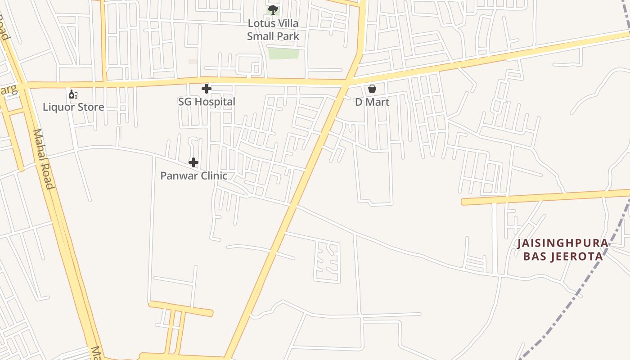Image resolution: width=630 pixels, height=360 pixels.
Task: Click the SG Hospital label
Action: [x=207, y=102]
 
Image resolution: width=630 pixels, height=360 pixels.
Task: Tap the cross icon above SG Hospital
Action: [x=207, y=89]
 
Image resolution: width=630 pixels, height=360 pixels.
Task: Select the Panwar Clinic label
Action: [x=193, y=175]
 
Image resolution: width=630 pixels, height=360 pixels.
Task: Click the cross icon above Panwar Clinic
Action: [x=193, y=162]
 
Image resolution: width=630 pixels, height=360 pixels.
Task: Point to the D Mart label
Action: [x=372, y=102]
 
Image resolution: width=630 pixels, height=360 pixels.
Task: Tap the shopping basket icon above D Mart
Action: [x=372, y=89]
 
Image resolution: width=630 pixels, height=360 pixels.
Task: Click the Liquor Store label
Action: [x=73, y=107]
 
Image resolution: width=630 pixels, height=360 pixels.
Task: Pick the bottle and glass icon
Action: [x=73, y=94]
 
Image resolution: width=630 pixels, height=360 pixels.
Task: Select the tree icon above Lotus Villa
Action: [x=273, y=10]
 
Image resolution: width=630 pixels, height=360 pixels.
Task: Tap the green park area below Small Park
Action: [x=283, y=53]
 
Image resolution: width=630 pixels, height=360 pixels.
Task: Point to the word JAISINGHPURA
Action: [x=562, y=243]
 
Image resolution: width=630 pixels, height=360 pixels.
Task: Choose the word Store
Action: [x=90, y=107]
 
